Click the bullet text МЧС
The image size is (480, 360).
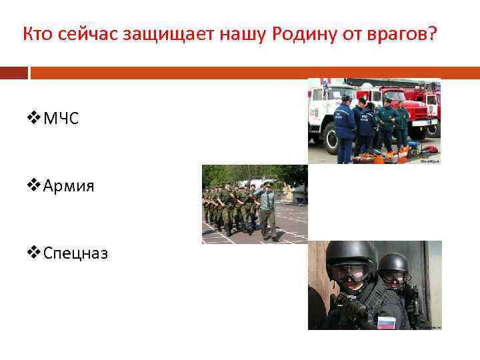61,119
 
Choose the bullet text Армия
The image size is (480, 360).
69,186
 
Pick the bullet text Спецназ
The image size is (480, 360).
75,253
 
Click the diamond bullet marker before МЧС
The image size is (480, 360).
34,119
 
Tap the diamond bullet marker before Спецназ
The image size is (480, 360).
34,253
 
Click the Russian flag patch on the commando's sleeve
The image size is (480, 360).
386,322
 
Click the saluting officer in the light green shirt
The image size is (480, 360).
267,207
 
